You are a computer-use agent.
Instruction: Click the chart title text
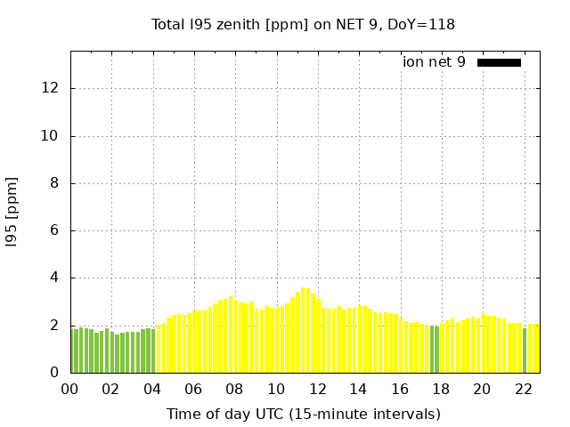tap(303, 24)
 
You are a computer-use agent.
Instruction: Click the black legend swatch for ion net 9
tap(499, 62)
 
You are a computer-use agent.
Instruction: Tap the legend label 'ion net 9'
tap(434, 62)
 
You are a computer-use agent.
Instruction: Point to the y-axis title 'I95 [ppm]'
tap(12, 218)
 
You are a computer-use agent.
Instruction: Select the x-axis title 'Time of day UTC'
tap(303, 414)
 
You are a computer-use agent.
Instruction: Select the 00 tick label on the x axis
tap(70, 390)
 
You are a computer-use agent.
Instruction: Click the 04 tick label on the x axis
tap(153, 390)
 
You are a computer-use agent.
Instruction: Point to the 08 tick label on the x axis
tap(235, 390)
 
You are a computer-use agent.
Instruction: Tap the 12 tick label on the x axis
tap(318, 390)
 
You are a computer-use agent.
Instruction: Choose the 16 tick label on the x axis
tap(400, 390)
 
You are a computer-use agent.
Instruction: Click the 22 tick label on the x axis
tap(524, 390)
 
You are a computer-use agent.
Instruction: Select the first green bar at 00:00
tap(72, 351)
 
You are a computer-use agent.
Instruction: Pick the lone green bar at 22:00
tap(525, 351)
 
